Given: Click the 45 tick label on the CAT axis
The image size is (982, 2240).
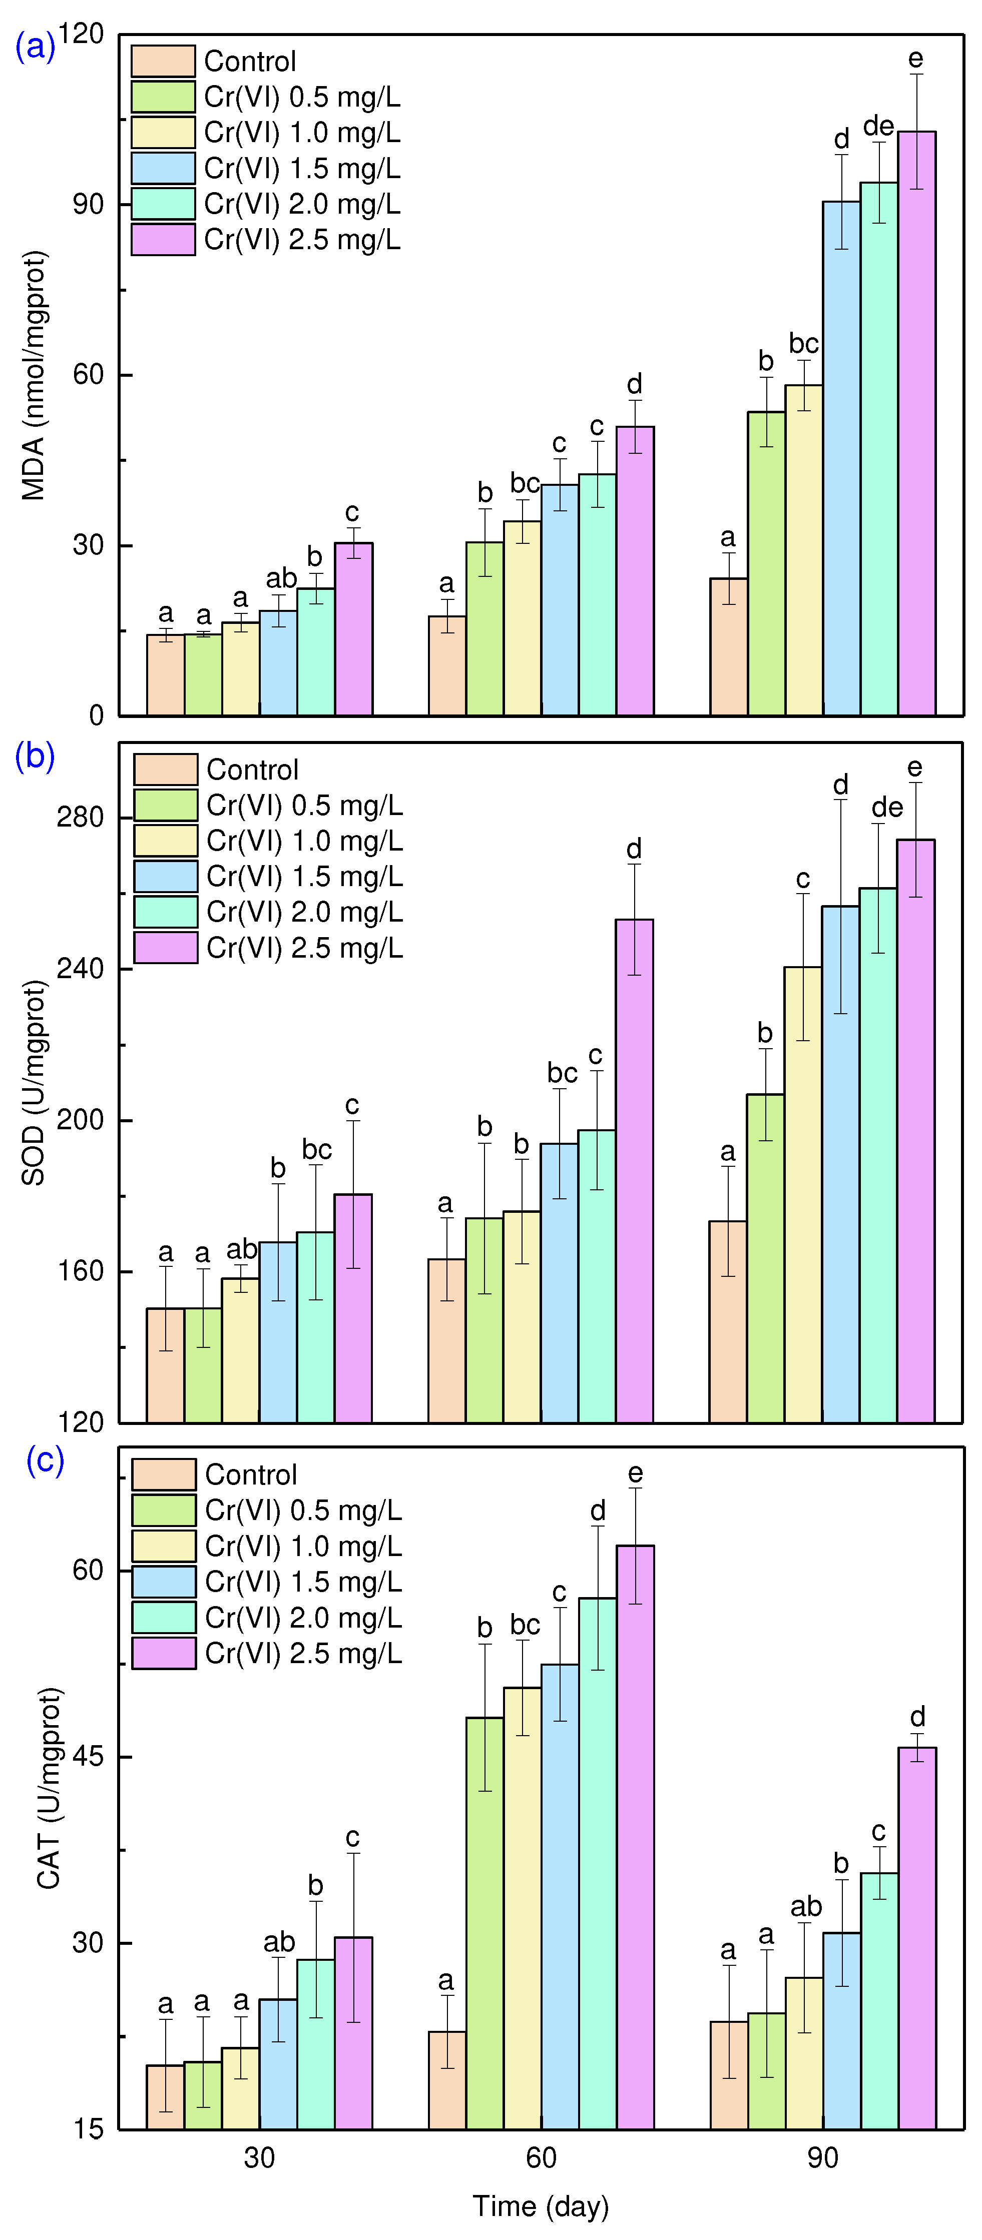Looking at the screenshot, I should coord(88,1757).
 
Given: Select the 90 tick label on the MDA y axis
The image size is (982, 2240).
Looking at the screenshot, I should coord(88,204).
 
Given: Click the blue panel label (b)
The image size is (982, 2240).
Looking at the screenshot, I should coord(35,756).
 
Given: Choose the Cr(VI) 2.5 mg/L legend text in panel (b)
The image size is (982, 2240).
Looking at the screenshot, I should coord(304,948).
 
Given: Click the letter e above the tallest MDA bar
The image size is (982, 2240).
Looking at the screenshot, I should coord(916,58).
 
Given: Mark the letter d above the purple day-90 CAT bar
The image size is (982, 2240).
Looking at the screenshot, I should coord(917,1717).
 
